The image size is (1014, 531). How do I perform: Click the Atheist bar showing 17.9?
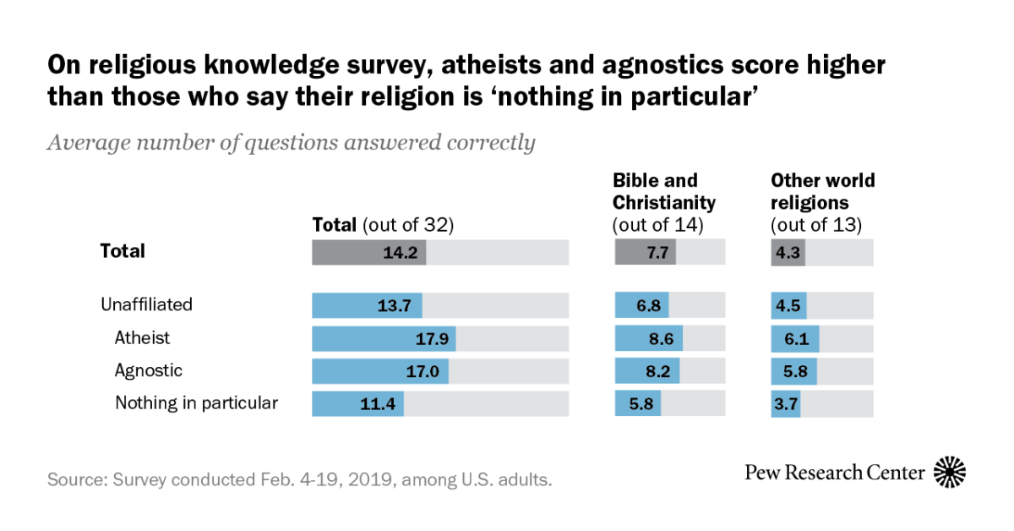[384, 339]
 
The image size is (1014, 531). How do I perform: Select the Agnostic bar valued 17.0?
[380, 371]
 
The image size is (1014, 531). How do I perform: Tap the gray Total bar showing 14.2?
[369, 252]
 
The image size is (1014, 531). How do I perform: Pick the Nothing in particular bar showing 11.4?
[357, 403]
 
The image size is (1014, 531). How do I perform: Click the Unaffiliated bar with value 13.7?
[367, 305]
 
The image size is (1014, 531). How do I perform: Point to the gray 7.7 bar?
[645, 252]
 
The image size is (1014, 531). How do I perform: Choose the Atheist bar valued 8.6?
[648, 339]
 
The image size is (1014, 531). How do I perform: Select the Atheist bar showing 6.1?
[794, 339]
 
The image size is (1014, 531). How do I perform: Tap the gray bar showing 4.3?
[788, 252]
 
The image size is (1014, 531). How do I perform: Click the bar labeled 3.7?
[785, 403]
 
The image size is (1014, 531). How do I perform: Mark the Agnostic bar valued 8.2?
[646, 371]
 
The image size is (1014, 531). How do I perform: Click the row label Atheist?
[142, 338]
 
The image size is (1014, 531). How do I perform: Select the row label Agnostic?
[148, 370]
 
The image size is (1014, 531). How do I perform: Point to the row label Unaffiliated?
[146, 304]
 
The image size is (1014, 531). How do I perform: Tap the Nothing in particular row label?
[196, 403]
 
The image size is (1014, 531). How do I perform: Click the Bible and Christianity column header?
[664, 192]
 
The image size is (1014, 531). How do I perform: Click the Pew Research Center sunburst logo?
[950, 472]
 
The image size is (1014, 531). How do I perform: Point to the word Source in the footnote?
[74, 480]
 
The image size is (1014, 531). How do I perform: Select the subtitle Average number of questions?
[291, 143]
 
